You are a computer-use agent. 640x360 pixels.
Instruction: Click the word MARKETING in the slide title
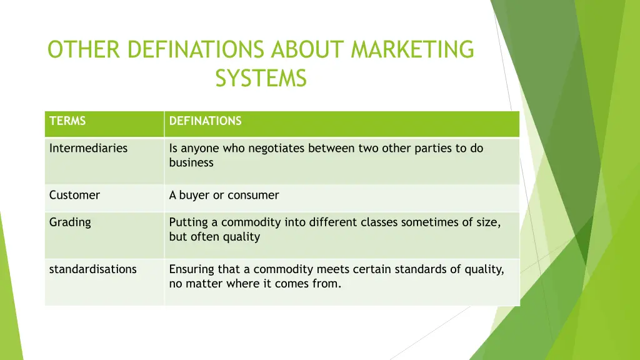[x=412, y=49]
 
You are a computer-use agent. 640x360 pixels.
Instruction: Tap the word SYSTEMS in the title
[x=261, y=79]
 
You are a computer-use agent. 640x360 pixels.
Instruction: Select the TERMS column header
[x=67, y=121]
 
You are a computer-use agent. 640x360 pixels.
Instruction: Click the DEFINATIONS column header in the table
[x=205, y=121]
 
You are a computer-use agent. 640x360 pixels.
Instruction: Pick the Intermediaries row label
[x=88, y=148]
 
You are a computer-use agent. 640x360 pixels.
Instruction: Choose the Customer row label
[x=74, y=195]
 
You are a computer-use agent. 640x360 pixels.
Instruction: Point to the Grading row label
[x=70, y=222]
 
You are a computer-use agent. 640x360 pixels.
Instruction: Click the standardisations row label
[x=92, y=269]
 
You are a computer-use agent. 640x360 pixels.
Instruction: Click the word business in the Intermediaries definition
[x=191, y=162]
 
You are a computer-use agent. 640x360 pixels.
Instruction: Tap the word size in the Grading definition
[x=489, y=222]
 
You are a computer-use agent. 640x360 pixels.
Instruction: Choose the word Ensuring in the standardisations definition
[x=191, y=269]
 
